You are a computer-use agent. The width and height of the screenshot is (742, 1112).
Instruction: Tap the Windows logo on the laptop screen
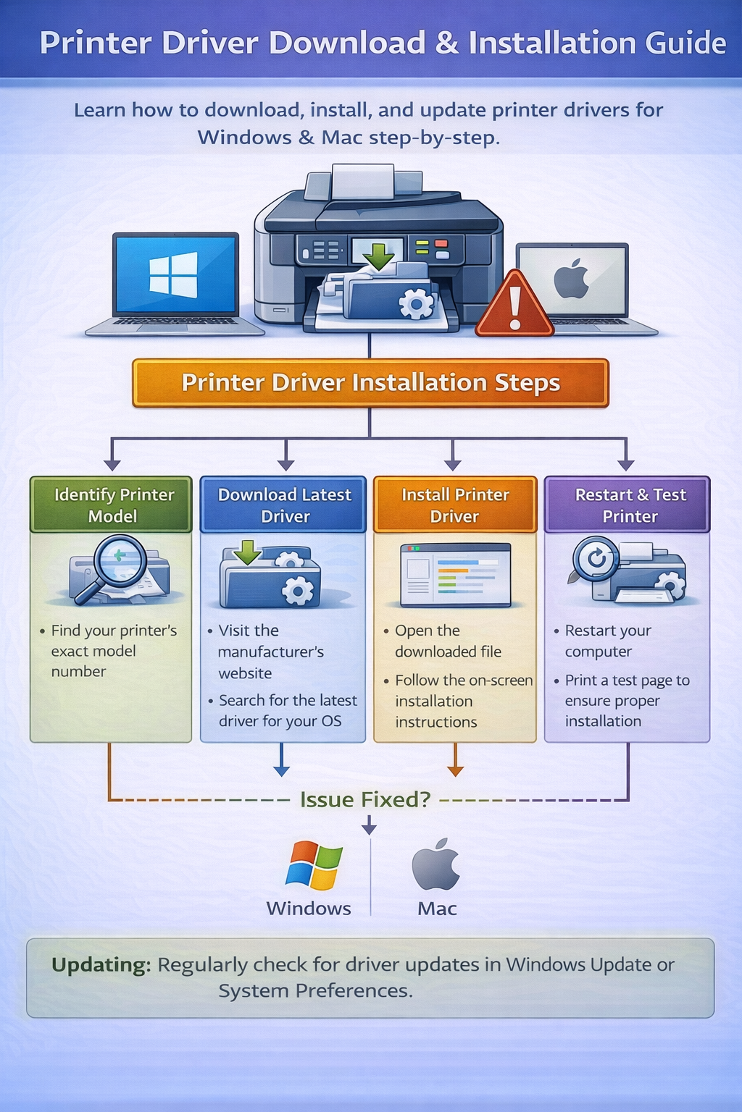173,274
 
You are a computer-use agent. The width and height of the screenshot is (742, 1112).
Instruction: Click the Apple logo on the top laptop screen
571,279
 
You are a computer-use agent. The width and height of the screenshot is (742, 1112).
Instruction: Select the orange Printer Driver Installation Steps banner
370,382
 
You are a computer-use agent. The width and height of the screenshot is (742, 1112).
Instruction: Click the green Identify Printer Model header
112,505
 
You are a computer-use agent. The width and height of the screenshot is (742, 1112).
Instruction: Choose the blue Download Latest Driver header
284,505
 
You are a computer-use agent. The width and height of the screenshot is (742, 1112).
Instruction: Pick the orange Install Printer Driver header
455,505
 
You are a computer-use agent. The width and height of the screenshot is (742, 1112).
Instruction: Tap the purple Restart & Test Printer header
628,505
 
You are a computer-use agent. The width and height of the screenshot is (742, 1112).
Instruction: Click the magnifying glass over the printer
120,562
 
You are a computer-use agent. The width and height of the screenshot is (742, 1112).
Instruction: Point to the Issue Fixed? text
365,799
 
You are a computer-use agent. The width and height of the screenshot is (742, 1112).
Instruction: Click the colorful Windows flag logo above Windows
314,865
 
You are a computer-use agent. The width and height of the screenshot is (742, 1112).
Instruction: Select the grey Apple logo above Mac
436,864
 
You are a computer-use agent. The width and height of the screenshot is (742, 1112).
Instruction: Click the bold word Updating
101,964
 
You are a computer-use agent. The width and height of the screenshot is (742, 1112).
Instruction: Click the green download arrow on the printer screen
378,254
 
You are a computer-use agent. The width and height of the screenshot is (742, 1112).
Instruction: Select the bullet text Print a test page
626,681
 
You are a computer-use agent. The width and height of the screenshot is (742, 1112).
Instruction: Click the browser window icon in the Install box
455,574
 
